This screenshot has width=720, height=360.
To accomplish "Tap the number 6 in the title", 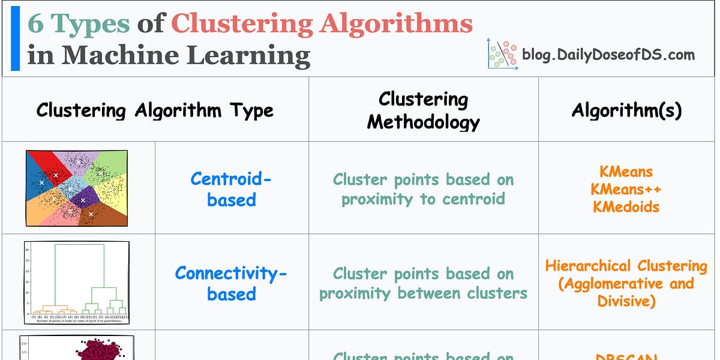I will coord(36,23).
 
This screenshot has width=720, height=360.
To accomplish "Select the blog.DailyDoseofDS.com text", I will coord(608,55).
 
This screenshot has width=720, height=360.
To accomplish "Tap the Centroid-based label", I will coord(231,188).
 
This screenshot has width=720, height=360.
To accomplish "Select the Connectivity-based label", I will coord(231,283).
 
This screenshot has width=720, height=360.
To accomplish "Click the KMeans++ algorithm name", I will coord(625,189).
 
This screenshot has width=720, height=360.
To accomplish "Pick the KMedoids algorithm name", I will coord(626,206).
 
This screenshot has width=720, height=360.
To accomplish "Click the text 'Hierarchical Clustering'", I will coord(626,266).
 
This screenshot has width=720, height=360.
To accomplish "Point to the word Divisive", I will coord(626,301).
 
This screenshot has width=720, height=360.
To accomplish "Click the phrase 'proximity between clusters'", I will coord(423,293).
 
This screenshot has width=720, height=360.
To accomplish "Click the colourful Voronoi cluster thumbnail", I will coord(77,188).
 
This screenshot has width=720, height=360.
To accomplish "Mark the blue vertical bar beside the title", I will coord(15,38).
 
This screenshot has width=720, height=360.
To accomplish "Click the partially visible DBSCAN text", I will coord(626,355).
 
